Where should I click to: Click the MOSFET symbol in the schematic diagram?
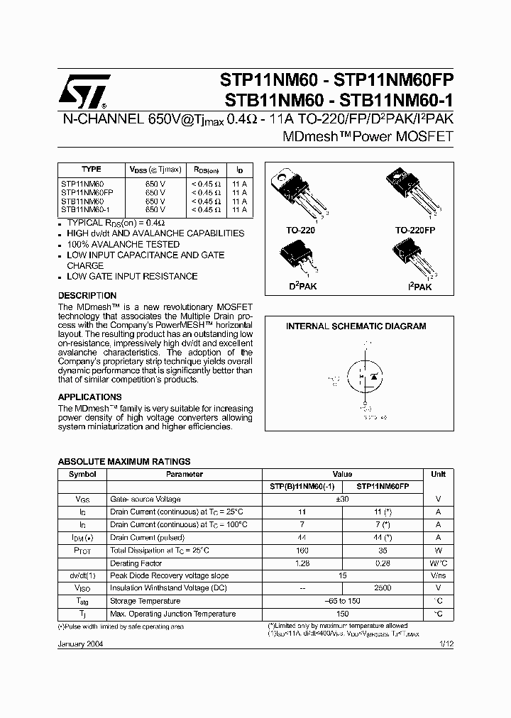click(x=367, y=377)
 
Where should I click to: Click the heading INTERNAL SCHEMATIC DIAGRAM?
click(x=356, y=326)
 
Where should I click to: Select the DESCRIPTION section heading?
click(x=87, y=295)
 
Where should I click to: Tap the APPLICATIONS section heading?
click(x=89, y=397)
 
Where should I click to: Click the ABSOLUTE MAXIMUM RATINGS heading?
click(x=123, y=461)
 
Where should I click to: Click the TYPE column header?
click(x=91, y=170)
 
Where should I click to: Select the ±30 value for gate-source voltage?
click(x=342, y=499)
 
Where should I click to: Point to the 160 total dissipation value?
click(x=302, y=550)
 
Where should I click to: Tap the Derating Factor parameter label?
click(x=137, y=563)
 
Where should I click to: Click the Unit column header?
click(x=439, y=474)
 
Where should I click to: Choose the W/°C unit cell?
click(x=439, y=563)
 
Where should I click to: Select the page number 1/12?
click(x=446, y=642)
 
